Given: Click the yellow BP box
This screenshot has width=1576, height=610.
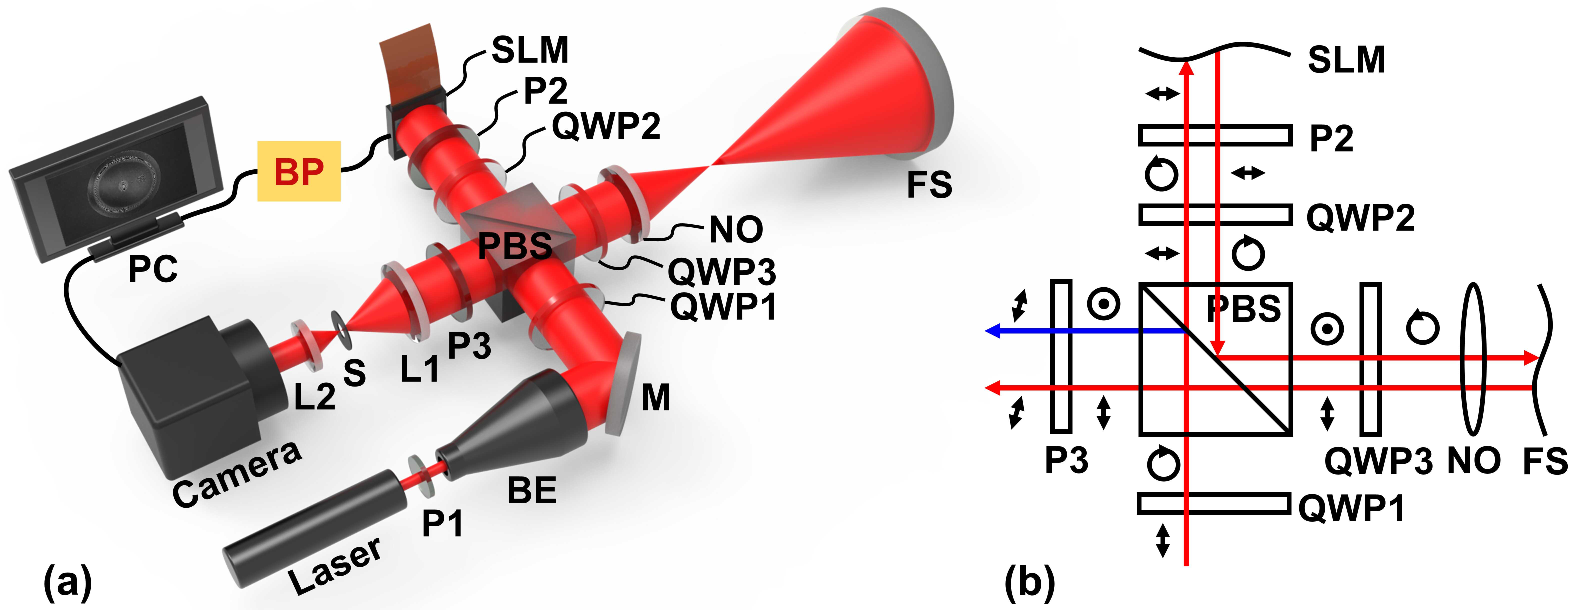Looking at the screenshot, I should pos(298,171).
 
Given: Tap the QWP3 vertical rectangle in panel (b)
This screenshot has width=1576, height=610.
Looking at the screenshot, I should pos(1370,358).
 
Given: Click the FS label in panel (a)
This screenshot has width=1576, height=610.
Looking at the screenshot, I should pos(929,185).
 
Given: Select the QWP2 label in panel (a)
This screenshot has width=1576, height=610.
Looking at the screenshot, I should pos(606,127).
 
